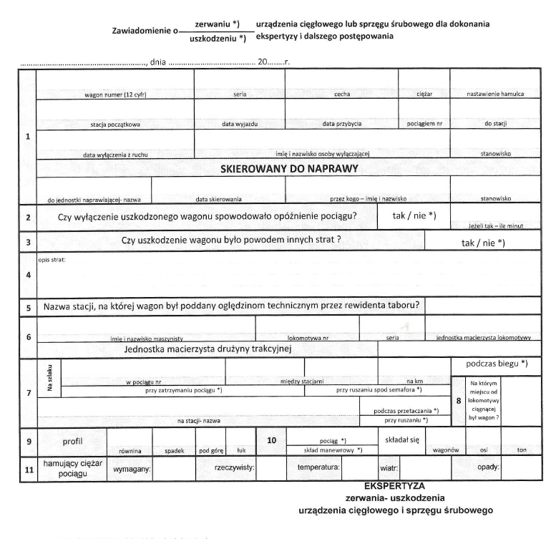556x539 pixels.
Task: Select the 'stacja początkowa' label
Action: (x=115, y=124)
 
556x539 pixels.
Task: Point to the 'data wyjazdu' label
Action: (x=239, y=124)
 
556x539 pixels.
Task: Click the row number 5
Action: (x=28, y=307)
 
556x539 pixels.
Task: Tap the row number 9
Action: (x=28, y=442)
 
